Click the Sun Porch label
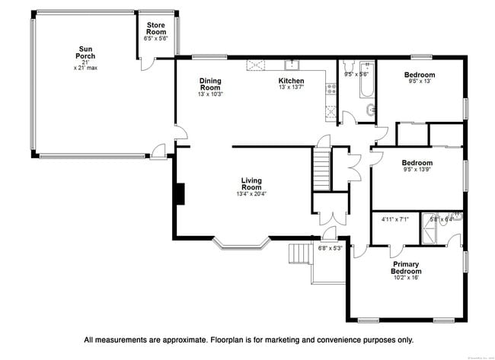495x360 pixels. (85, 53)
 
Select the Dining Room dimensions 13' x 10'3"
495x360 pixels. (209, 94)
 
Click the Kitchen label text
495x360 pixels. (291, 81)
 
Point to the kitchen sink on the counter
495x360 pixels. (290, 65)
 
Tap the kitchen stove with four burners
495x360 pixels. (331, 89)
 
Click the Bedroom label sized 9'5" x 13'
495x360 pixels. (420, 75)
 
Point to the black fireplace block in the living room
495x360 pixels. (180, 194)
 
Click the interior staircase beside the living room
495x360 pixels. (321, 169)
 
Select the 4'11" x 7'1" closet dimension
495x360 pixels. (394, 220)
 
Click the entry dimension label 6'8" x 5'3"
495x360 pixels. (331, 247)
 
